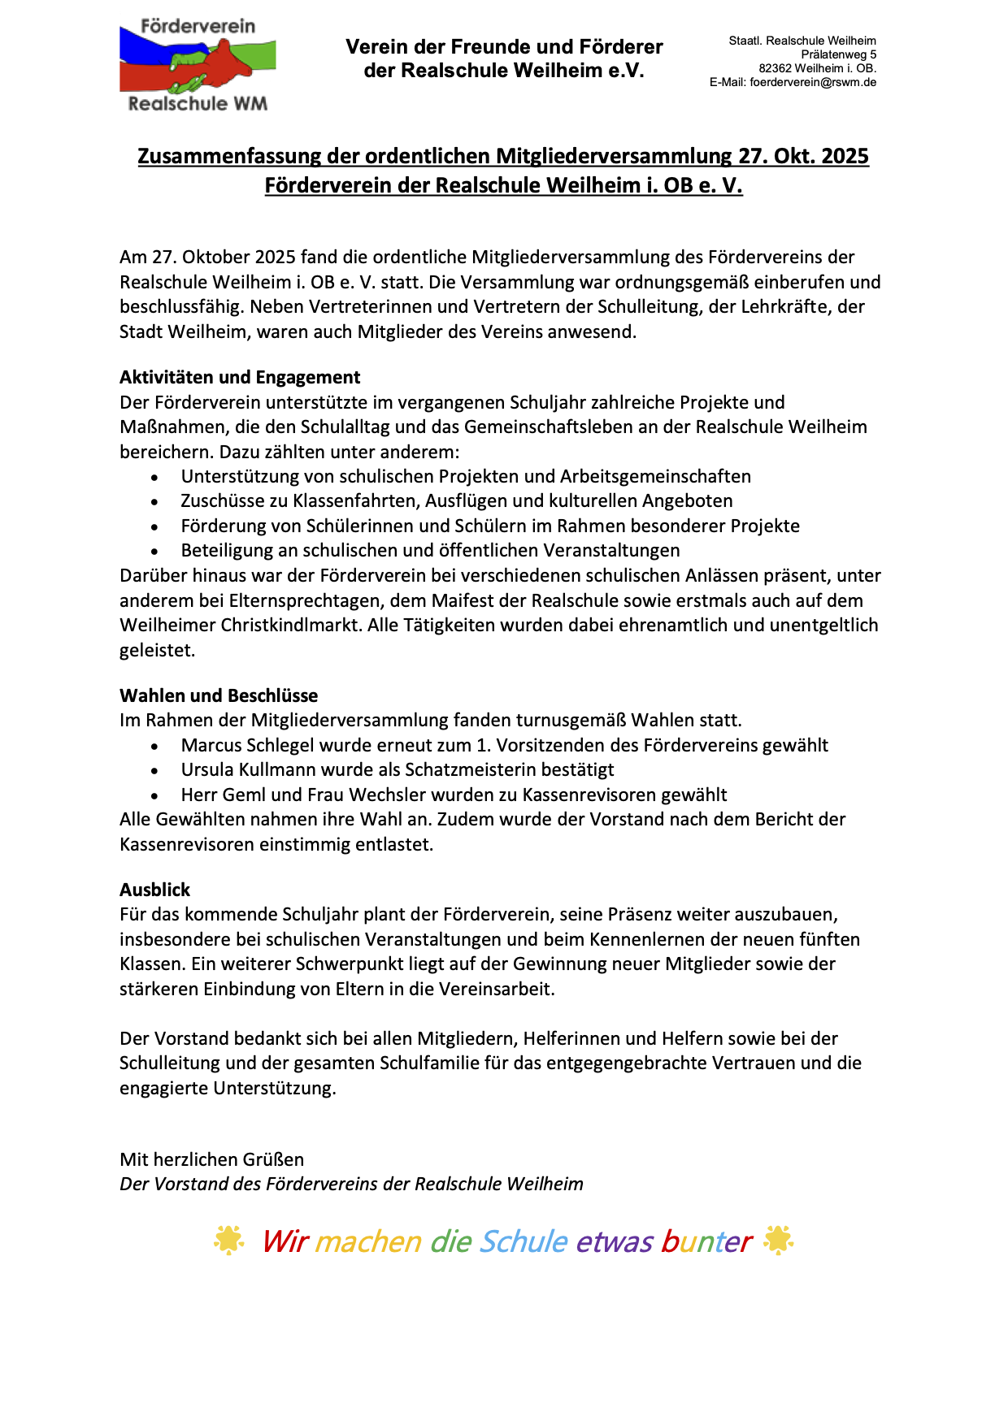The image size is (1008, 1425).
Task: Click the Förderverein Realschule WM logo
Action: click(198, 65)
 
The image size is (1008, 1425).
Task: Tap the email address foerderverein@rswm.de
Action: click(813, 82)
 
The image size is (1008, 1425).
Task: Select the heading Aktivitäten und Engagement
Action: click(240, 377)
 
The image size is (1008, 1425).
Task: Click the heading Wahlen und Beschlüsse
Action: click(219, 695)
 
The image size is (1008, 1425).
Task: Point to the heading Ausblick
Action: click(154, 890)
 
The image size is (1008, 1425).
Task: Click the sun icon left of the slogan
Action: click(228, 1241)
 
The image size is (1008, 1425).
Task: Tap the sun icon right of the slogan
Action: click(778, 1241)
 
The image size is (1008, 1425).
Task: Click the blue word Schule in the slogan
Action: click(524, 1241)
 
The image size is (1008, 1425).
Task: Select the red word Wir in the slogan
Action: click(285, 1241)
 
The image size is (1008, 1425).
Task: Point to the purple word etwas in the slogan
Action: click(615, 1241)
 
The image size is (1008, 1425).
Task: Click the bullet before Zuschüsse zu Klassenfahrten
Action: click(154, 501)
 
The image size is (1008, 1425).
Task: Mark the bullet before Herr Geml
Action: click(154, 795)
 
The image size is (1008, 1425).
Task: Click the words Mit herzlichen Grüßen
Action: click(211, 1159)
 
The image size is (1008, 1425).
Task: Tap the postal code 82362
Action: click(775, 68)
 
